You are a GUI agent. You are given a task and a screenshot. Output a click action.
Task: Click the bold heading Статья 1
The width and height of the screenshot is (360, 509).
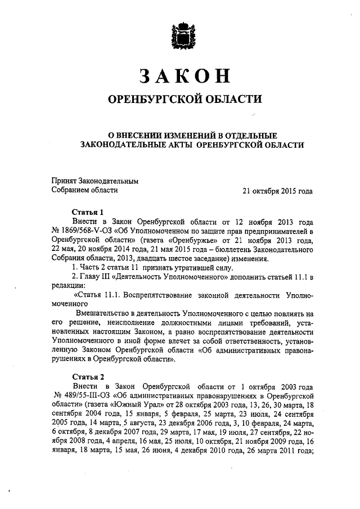click(x=88, y=213)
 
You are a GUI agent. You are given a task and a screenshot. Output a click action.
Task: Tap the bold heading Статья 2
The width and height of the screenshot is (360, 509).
click(x=88, y=377)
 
